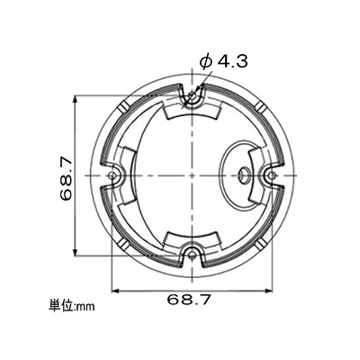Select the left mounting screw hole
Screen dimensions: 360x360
pyautogui.click(x=113, y=175)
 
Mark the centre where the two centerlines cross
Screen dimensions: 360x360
pyautogui.click(x=192, y=175)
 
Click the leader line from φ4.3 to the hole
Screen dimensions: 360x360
pyautogui.click(x=200, y=85)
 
